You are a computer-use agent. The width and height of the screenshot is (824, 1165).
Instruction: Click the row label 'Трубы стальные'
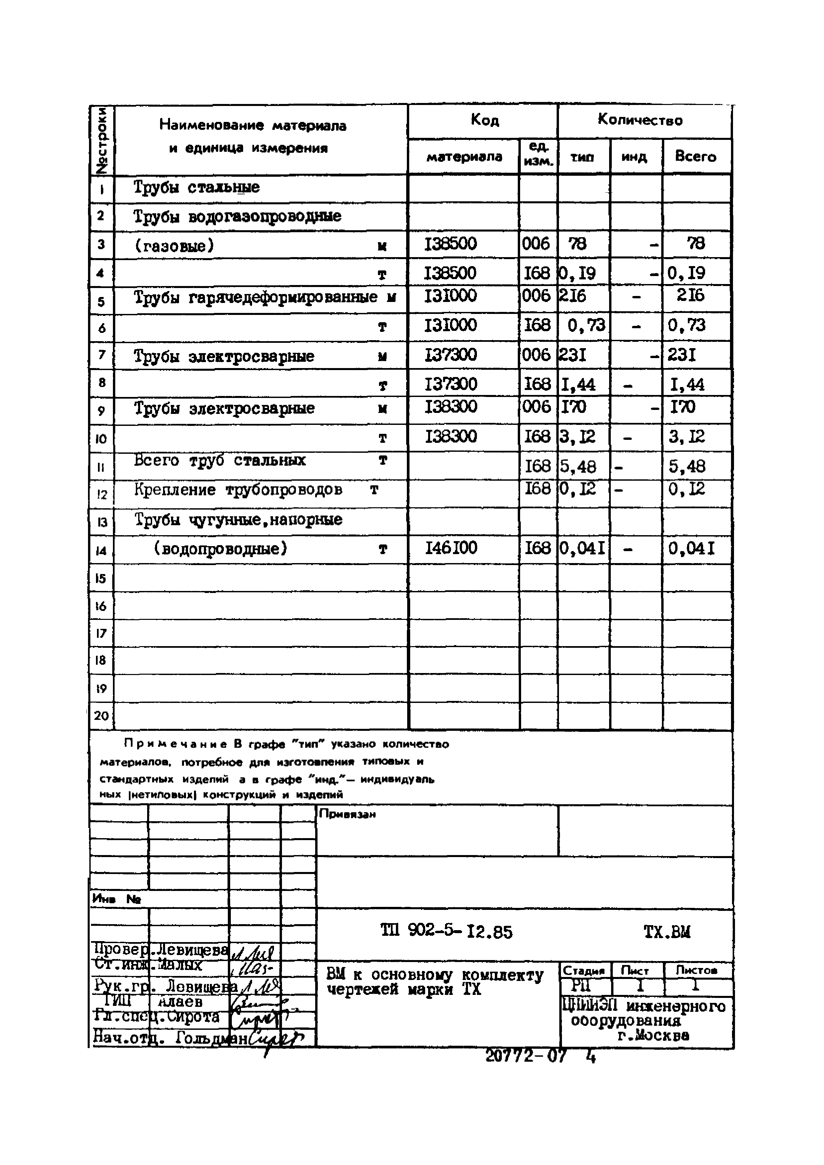(196, 187)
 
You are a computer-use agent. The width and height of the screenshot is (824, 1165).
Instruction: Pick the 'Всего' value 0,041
(691, 548)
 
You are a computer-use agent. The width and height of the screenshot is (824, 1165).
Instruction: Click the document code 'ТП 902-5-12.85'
(446, 932)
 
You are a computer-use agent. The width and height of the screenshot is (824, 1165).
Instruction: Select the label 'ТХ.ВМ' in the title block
(667, 932)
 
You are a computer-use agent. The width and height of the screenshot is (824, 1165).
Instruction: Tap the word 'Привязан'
(347, 815)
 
